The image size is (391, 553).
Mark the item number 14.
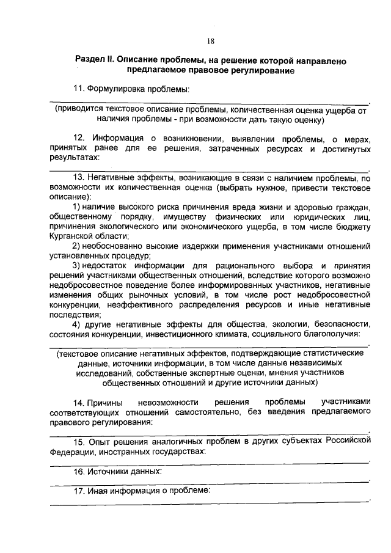(79, 402)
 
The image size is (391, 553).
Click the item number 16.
(79, 471)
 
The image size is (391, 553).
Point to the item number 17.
(79, 491)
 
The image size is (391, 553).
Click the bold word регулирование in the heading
(257, 71)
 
